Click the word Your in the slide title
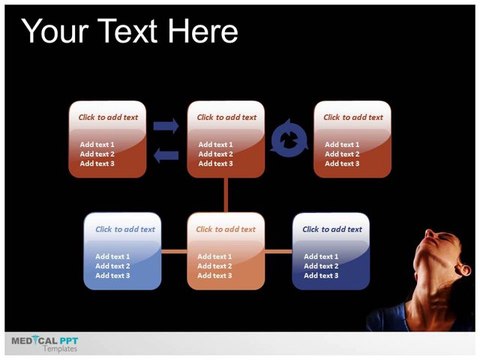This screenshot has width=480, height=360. pos(55,31)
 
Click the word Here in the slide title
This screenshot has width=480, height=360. pos(203,31)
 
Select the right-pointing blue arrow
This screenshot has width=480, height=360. pos(166,126)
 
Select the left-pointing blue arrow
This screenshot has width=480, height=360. pos(166,155)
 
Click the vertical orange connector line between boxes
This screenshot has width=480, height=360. pos(226,195)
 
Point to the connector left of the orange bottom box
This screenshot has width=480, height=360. pos(174,251)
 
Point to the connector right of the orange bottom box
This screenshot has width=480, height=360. pos(278,251)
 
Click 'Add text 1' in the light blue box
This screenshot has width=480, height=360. pos(113,257)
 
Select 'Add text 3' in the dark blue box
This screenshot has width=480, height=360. pos(321,276)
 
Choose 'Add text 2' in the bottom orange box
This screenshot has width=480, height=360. pos(214,266)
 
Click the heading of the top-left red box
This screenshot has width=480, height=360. pos(108,117)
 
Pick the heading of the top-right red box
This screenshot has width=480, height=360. pos(353,117)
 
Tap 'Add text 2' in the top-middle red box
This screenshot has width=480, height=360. pos(216,154)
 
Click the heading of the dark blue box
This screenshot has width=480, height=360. pos(332,229)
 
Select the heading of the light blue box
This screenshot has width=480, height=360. pos(125,229)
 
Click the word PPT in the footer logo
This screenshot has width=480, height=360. pos(69,341)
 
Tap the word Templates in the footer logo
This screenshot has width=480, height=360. pos(60,349)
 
